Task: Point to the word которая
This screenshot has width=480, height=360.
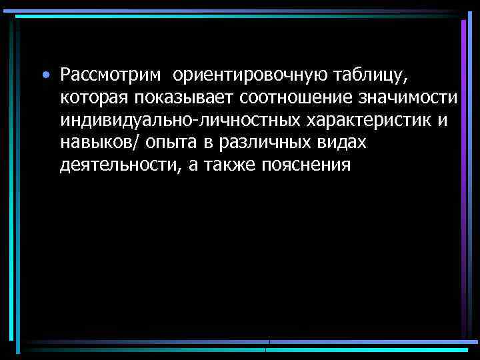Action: (93, 98)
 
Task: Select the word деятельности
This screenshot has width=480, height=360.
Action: (118, 165)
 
